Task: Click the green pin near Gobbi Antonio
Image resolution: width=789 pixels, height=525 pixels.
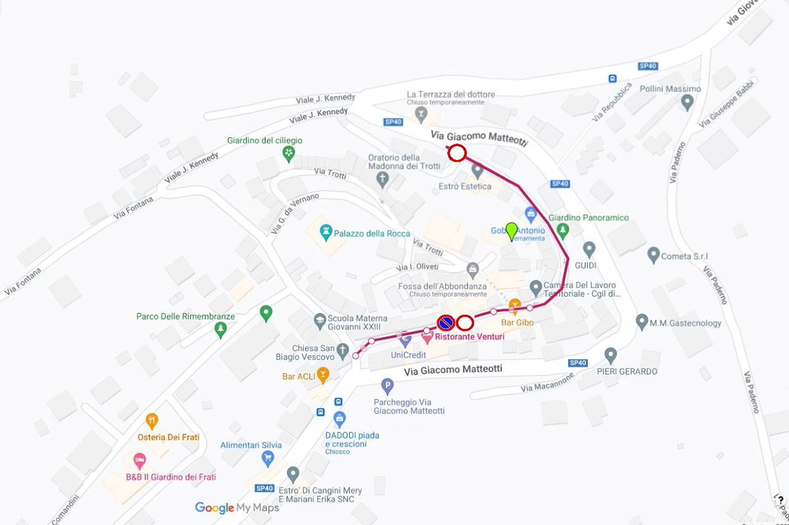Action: [x=511, y=232]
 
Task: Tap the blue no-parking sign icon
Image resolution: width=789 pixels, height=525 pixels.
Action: [x=445, y=323]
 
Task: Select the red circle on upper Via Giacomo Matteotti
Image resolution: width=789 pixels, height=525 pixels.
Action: [x=457, y=154]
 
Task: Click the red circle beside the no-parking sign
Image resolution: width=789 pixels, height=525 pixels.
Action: [x=466, y=323]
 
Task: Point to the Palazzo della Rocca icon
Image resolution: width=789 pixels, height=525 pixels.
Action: [x=325, y=233]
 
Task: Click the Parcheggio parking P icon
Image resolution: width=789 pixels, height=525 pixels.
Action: [x=387, y=386]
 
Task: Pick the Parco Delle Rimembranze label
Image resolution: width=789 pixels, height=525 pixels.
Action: [x=185, y=316]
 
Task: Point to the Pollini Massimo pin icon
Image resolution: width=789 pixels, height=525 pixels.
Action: [x=687, y=103]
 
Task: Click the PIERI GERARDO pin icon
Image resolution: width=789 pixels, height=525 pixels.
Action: [x=611, y=355]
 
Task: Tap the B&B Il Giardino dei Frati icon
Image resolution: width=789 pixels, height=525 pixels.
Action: [x=139, y=460]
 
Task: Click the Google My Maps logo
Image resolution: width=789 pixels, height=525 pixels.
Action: [x=237, y=508]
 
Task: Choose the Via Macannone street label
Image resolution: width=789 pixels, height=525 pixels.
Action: [x=547, y=382]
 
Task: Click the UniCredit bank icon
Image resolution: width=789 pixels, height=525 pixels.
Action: [x=405, y=340]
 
